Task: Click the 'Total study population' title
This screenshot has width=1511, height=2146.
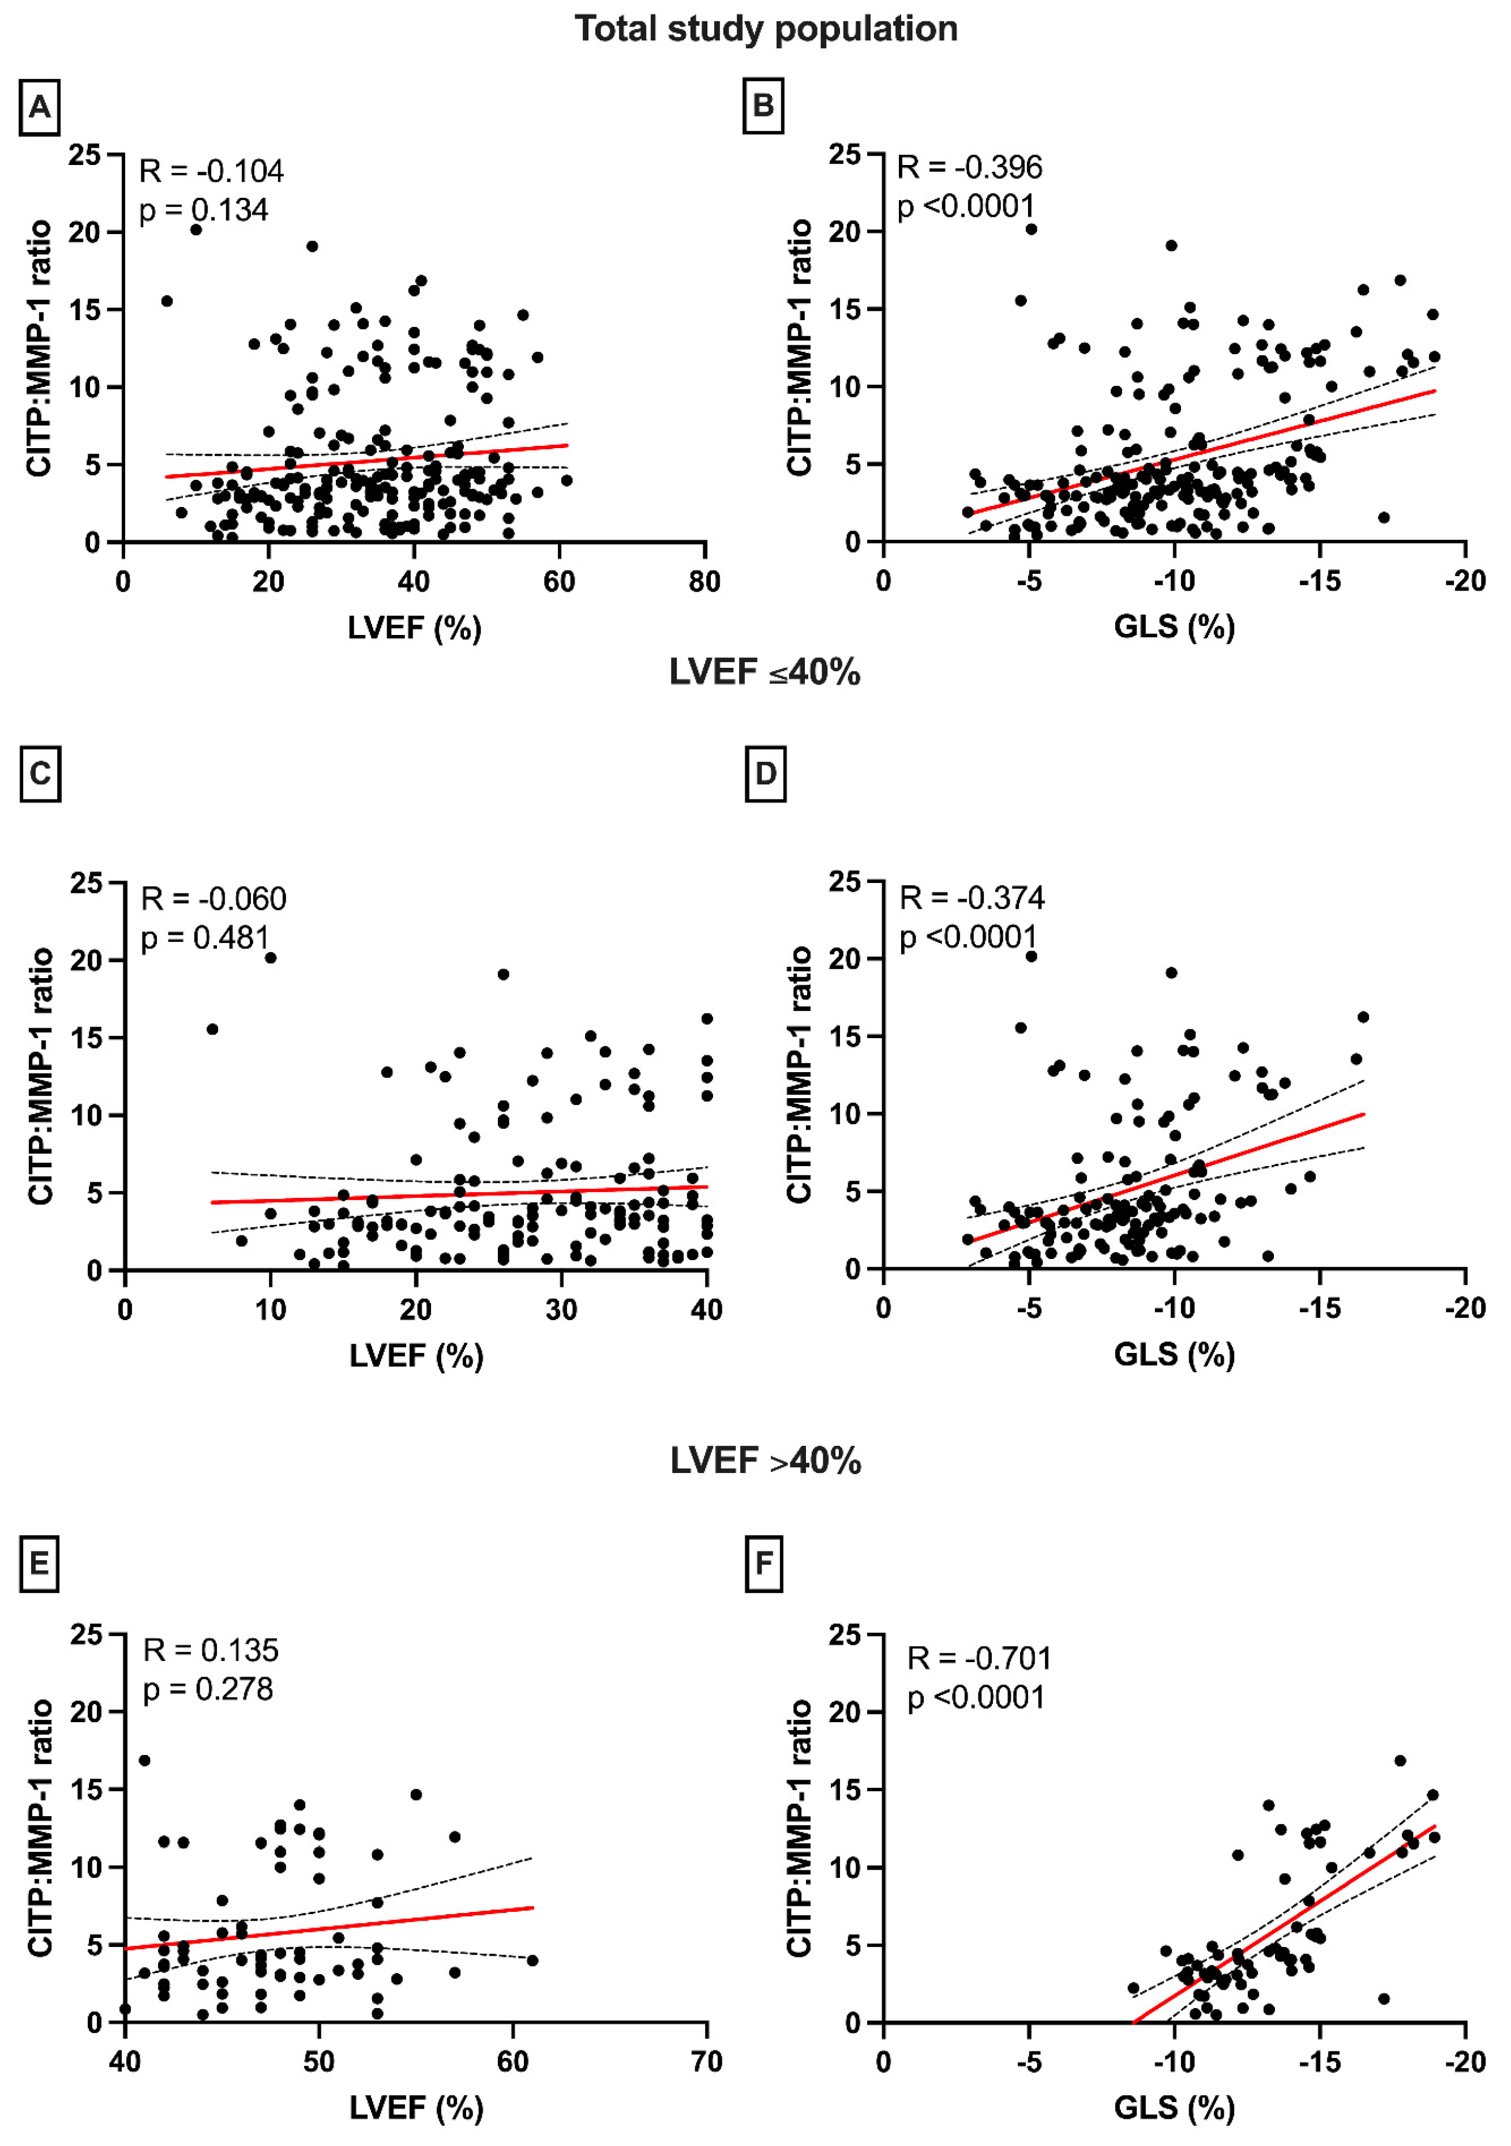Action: (766, 29)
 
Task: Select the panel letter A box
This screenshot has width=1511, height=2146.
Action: (39, 107)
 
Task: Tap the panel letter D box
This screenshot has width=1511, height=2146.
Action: (765, 774)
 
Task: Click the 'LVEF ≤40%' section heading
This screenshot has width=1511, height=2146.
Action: (765, 672)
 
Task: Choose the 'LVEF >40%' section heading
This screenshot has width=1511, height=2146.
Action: (766, 1460)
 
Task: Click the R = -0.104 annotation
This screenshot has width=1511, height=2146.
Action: (211, 171)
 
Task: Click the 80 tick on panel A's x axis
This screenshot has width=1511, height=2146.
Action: (705, 581)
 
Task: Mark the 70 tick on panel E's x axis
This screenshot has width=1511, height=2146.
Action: (707, 2062)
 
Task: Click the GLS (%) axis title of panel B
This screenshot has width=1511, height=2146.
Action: (1175, 626)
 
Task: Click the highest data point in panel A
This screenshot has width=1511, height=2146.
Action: (196, 229)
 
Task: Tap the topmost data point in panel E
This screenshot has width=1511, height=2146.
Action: (144, 1761)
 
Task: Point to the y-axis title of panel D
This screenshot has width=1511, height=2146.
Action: (800, 1075)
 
